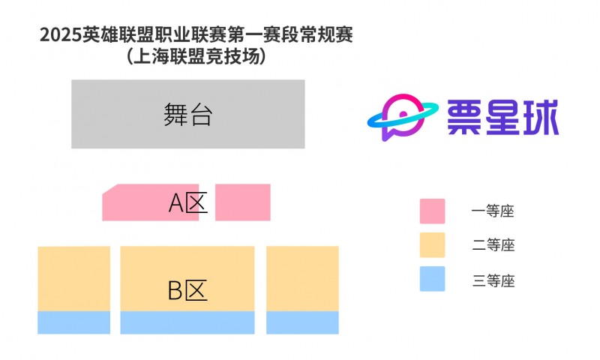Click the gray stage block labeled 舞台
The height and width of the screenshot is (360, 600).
pos(188,114)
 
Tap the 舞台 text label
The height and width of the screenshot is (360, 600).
pos(188,115)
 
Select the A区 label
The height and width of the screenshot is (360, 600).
pos(188,202)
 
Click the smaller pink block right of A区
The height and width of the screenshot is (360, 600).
pos(242,202)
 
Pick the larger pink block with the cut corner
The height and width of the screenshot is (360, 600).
pos(151,202)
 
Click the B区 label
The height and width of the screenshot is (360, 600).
pos(187,290)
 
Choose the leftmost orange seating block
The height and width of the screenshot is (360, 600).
pos(73,278)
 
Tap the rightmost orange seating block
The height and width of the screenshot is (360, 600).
pos(302,278)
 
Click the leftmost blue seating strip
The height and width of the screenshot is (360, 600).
pos(73,322)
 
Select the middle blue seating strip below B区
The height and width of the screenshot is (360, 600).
pos(187,322)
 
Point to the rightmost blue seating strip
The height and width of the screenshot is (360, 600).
pos(302,322)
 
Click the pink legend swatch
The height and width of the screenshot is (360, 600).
pos(433,211)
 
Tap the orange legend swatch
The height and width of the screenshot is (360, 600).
pos(433,244)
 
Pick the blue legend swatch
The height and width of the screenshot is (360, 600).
pos(433,279)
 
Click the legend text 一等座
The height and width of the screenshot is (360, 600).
pos(493,211)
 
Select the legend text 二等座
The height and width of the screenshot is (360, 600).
pos(493,244)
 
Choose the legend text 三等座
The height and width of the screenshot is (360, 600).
pos(493,280)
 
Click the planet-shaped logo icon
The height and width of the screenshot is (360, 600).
pos(403,117)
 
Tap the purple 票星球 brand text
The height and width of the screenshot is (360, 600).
pos(502,118)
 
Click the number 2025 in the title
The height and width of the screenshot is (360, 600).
pos(61,35)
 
